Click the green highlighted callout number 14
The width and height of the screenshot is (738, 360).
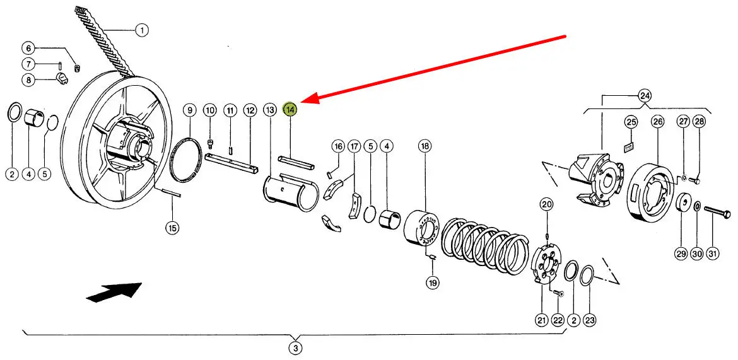pos(290,110)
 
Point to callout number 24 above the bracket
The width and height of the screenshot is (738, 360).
pos(644,96)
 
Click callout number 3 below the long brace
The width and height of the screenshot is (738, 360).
pos(295,347)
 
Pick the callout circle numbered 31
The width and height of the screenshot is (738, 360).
pos(713,253)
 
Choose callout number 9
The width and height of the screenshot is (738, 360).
pos(189,110)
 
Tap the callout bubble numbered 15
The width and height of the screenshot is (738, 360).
pos(172,228)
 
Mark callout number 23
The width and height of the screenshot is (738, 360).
pos(589,320)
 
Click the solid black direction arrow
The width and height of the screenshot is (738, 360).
pos(114,293)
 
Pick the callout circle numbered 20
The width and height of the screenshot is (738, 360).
pos(546,204)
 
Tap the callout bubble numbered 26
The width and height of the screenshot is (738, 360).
pos(657,121)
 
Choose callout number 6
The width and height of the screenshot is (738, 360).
pos(28,48)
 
